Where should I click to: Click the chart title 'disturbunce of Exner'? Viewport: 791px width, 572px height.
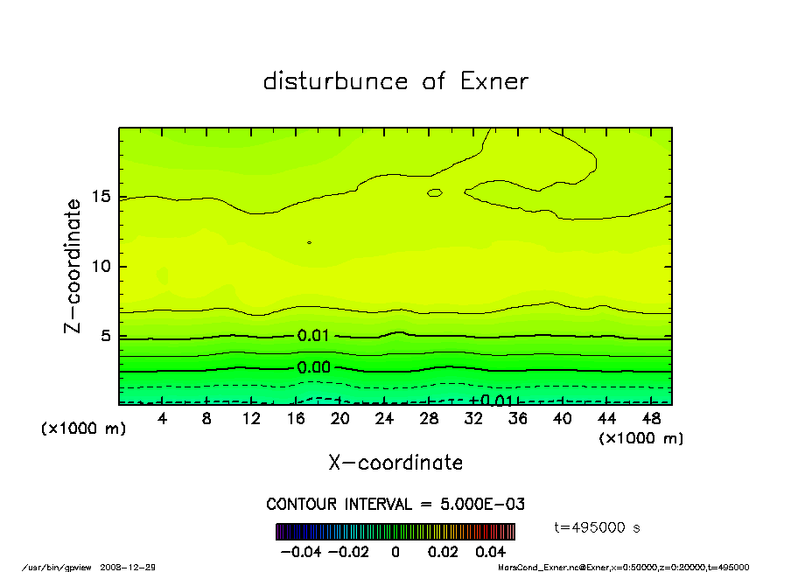tap(395, 81)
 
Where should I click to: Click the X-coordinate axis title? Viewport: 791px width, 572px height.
tap(395, 463)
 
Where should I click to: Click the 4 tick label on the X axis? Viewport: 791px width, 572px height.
tap(163, 419)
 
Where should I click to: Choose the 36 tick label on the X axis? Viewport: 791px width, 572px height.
tap(518, 419)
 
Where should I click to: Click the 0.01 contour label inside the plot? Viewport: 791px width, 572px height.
tap(313, 336)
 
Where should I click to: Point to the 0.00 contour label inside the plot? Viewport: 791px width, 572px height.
tap(313, 368)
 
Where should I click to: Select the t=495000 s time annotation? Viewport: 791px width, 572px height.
tap(598, 527)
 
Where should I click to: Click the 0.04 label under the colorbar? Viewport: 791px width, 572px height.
tap(491, 553)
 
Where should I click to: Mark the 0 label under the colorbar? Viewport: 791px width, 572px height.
tap(395, 553)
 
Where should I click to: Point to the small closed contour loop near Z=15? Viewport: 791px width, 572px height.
tap(434, 192)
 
